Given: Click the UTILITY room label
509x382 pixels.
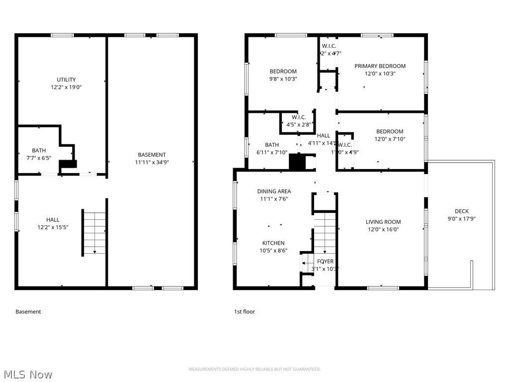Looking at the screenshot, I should [x=66, y=80].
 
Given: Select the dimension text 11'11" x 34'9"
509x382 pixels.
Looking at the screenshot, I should [x=152, y=162].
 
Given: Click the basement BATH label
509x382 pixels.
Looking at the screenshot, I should [x=39, y=150].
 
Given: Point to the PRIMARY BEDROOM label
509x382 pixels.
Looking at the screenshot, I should [x=380, y=66].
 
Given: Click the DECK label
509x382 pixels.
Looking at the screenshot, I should [x=461, y=211].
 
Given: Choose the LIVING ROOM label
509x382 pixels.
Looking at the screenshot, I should [x=383, y=222].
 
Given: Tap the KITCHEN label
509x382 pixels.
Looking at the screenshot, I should [x=273, y=243].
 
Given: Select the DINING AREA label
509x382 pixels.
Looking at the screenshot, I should [x=274, y=191].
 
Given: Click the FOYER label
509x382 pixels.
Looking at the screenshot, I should [x=326, y=261].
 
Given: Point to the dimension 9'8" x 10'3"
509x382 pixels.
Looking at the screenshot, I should [x=283, y=79].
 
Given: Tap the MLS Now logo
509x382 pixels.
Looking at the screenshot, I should [x=28, y=375].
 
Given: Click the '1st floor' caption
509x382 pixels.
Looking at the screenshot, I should [x=245, y=312].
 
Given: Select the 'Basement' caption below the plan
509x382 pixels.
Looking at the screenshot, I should [x=28, y=312].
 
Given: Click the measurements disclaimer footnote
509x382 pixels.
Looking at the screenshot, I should [x=254, y=369].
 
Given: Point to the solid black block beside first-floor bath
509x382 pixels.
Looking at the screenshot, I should [x=297, y=162].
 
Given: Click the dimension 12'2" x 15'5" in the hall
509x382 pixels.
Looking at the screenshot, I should [x=53, y=227].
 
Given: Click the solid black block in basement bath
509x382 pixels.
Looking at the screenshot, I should [x=67, y=165].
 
